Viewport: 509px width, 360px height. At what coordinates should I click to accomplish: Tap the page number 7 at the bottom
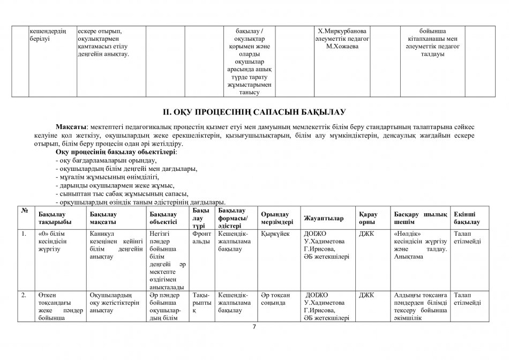tap(254, 327)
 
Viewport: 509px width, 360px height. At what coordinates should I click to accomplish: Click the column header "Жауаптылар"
tap(324, 218)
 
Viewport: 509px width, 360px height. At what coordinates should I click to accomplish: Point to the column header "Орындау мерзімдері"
tap(276, 218)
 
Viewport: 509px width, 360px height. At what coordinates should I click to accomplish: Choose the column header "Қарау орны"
tap(368, 218)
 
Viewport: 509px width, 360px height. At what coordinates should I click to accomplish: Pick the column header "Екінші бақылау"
tap(466, 218)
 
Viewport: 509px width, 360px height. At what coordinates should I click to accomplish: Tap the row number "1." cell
tap(24, 234)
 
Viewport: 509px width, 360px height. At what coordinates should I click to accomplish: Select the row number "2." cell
tap(24, 295)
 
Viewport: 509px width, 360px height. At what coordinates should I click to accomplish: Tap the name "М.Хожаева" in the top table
tap(342, 47)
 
